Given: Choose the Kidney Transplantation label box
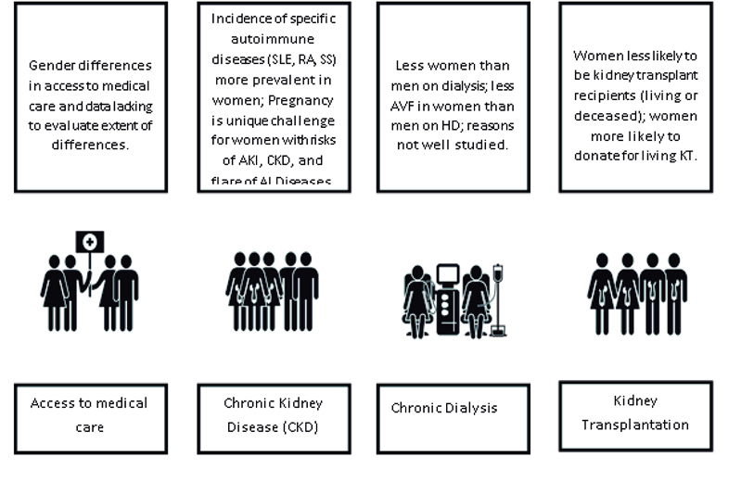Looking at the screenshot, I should click(x=635, y=413).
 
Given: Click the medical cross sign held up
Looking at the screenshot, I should click(x=90, y=242).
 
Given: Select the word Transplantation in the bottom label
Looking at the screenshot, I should click(x=635, y=425).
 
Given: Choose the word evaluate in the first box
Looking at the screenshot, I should click(x=72, y=125).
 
